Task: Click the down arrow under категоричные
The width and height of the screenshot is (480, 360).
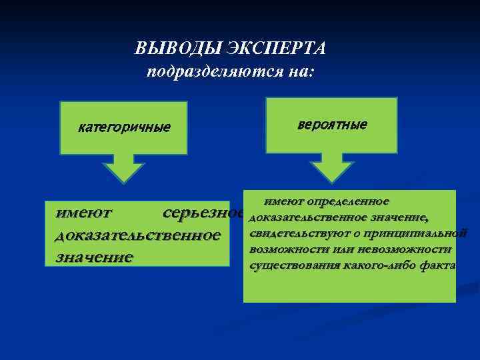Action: click(123, 167)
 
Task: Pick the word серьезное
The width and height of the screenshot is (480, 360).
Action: click(203, 213)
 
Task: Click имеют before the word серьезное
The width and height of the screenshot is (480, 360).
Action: click(84, 213)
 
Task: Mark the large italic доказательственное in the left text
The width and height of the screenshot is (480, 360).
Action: click(137, 235)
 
